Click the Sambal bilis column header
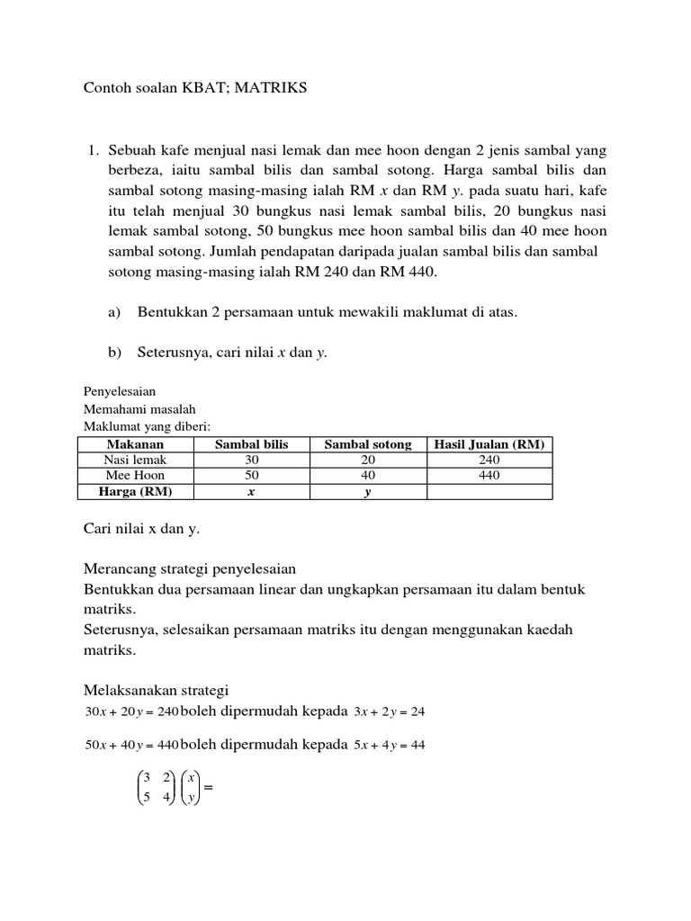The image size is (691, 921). click(x=251, y=444)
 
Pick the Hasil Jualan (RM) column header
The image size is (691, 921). click(x=489, y=444)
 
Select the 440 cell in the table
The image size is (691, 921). click(x=489, y=475)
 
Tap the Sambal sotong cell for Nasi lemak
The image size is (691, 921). click(x=367, y=460)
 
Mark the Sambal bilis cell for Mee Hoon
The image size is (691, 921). click(x=251, y=475)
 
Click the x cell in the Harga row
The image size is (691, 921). click(x=251, y=491)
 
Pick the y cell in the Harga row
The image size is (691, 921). click(x=367, y=491)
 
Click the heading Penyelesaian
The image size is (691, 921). click(x=120, y=392)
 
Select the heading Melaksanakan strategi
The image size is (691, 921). click(x=157, y=690)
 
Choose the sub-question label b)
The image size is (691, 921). click(x=114, y=353)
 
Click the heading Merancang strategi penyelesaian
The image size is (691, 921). click(x=190, y=569)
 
